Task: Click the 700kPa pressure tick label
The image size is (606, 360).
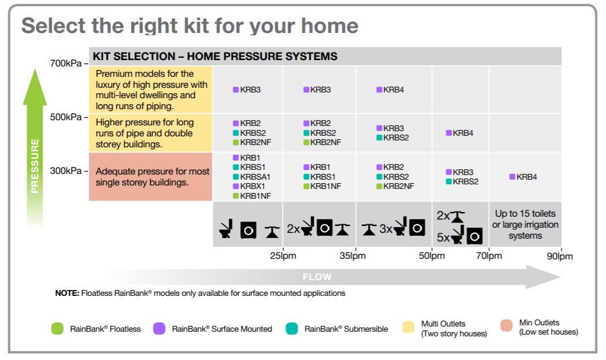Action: coord(67,63)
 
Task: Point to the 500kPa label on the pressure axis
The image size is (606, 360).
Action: coord(67,117)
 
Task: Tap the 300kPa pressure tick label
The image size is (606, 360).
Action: coord(67,170)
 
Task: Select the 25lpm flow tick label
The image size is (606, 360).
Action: coord(283,255)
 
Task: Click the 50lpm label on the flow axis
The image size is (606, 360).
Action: coord(432,255)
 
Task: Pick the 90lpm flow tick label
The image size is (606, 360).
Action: coord(560,255)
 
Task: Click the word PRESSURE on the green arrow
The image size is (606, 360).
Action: coord(35,165)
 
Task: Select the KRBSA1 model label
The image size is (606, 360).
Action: coord(255,177)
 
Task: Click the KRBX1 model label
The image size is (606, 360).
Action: coord(252,186)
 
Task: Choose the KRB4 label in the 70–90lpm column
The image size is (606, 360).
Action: coord(526,177)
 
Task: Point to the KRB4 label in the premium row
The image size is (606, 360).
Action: coord(393,90)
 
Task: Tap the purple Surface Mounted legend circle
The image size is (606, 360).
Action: coord(159,328)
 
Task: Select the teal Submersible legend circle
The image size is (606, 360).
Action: coord(292,328)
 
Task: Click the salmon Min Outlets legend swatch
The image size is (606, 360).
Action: coord(506,327)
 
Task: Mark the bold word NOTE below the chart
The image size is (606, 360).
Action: coord(67,293)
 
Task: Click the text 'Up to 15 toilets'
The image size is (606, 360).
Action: coord(525,214)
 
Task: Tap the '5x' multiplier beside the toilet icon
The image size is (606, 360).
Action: coord(444,236)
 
